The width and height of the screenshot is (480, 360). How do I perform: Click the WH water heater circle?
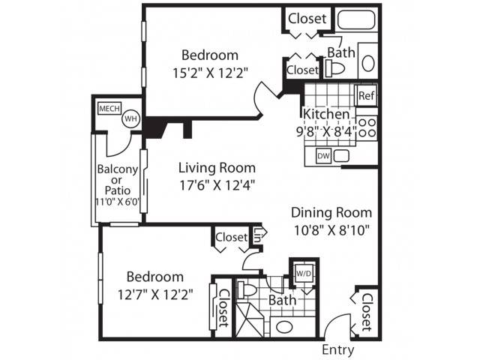[x=131, y=118]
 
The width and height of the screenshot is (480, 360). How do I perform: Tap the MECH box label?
[x=109, y=108]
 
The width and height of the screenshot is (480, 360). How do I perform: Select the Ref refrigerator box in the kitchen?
[x=366, y=95]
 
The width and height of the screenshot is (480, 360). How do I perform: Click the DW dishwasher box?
[x=323, y=156]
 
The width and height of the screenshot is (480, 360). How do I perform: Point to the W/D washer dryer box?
[x=304, y=274]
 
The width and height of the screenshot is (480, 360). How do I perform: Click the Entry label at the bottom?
[x=338, y=349]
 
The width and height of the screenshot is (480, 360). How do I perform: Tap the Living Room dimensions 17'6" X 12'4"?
[x=217, y=185]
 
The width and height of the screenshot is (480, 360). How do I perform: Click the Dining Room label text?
[x=331, y=212]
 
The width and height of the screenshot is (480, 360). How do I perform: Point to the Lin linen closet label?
[x=257, y=235]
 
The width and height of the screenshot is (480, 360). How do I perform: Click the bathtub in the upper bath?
[x=357, y=20]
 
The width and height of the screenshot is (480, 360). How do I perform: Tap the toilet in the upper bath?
[x=334, y=68]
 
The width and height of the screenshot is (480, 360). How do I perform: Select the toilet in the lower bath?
[x=247, y=289]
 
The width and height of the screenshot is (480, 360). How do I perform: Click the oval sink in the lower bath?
[x=284, y=327]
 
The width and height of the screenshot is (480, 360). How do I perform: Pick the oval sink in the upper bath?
[x=368, y=63]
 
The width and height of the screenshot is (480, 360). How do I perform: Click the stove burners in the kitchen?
[x=367, y=128]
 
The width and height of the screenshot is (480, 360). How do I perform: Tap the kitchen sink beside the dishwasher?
[x=341, y=156]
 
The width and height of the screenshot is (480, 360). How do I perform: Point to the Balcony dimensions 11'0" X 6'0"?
[x=118, y=202]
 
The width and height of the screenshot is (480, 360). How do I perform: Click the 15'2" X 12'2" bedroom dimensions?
[x=210, y=73]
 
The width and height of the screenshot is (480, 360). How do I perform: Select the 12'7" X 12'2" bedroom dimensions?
[x=155, y=295]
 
